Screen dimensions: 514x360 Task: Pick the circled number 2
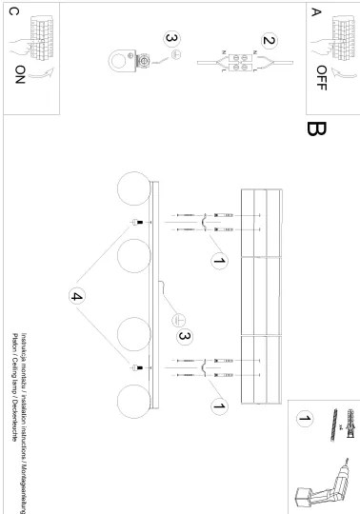pyautogui.click(x=270, y=42)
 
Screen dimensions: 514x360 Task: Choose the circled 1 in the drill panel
pyautogui.click(x=305, y=418)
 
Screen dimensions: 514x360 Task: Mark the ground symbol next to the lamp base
pyautogui.click(x=177, y=321)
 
